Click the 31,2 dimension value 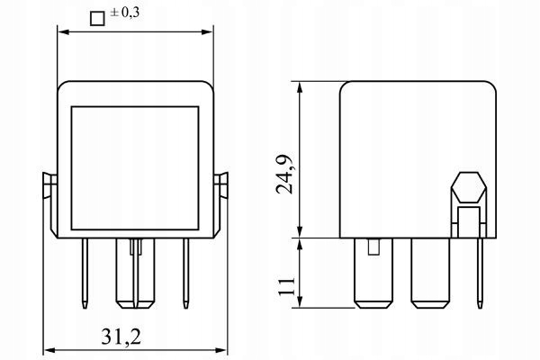(x=121, y=337)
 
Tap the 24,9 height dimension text (x=285, y=175)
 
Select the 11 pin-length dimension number (x=286, y=285)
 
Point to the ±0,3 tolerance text (x=125, y=13)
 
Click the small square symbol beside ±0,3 (x=97, y=19)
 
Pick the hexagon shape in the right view (x=469, y=187)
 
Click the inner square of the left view (x=135, y=168)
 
